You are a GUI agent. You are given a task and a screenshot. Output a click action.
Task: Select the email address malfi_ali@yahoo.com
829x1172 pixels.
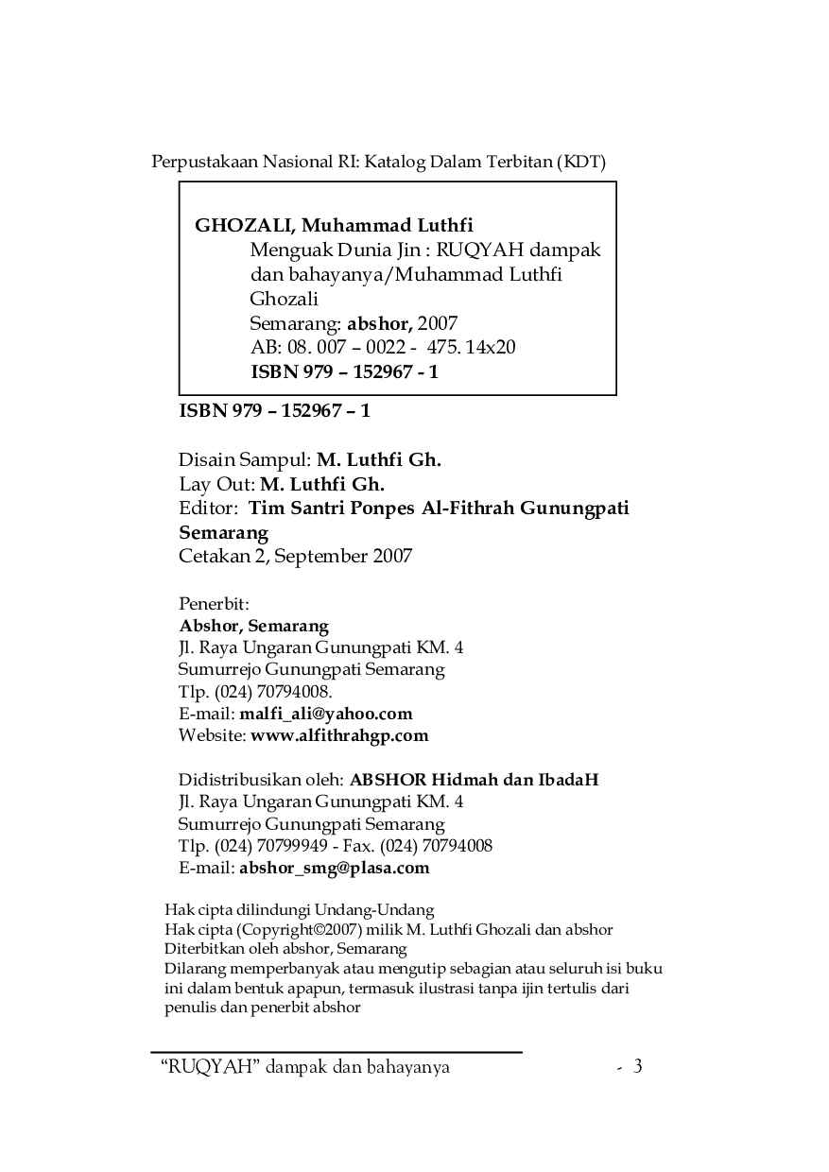coord(325,714)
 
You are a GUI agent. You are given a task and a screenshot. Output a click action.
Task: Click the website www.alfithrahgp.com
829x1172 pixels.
coord(338,735)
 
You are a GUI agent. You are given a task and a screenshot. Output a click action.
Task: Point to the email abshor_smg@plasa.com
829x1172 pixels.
coord(334,868)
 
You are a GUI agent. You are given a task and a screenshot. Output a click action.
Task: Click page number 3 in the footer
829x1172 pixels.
coord(638,1067)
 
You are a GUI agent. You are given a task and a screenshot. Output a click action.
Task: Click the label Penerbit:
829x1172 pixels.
coord(214,603)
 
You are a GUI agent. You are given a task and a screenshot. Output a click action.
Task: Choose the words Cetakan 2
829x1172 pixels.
coord(222,556)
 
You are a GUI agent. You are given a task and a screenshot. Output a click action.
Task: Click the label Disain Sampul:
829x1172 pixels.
coord(245,460)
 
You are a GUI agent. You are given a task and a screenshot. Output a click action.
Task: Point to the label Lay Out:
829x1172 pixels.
coord(216,485)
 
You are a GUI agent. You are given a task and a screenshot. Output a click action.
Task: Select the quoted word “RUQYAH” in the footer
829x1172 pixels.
coord(212,1068)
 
